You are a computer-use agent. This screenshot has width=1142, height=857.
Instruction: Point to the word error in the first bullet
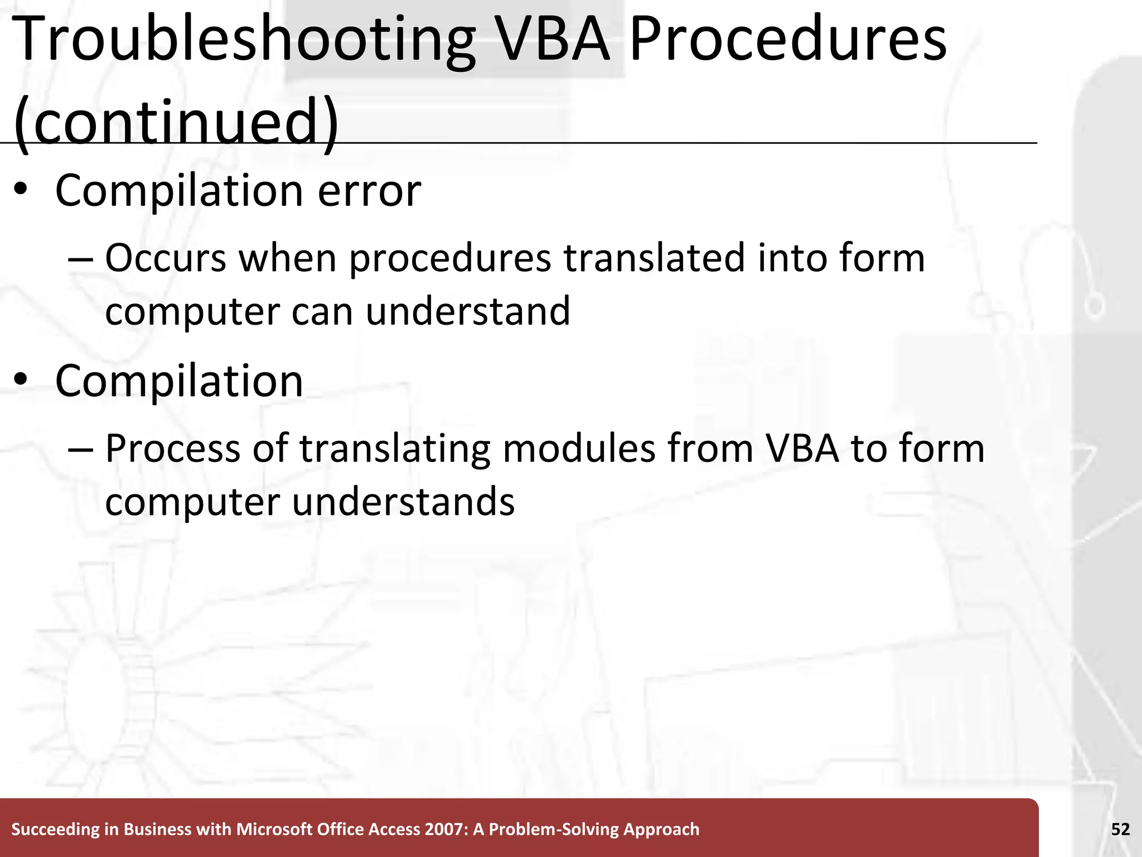click(369, 191)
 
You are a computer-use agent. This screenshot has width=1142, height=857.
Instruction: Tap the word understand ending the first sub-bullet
click(468, 311)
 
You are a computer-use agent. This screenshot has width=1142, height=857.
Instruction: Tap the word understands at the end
click(403, 501)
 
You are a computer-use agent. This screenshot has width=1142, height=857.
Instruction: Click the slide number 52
click(1120, 829)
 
